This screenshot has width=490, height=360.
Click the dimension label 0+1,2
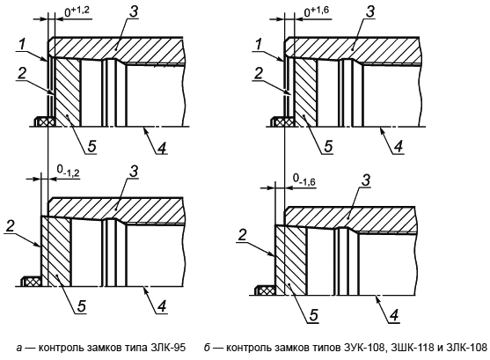click(77, 11)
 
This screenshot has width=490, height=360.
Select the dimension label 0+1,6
click(317, 11)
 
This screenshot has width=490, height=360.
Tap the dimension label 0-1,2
click(68, 171)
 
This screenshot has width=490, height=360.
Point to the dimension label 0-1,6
click(304, 180)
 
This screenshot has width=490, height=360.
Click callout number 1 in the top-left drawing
click(22, 44)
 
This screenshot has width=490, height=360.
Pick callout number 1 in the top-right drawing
click(258, 44)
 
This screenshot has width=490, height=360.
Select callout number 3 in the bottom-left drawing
click(134, 172)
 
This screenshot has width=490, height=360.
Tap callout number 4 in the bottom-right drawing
click(395, 315)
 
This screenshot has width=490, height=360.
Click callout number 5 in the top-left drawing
click(91, 146)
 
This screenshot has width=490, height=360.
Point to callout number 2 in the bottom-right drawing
click(243, 235)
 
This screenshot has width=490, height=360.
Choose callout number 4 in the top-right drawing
click(398, 147)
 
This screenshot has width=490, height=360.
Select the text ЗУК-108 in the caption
click(362, 348)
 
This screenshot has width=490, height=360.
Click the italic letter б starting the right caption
click(207, 348)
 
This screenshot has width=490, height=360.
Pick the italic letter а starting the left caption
click(19, 348)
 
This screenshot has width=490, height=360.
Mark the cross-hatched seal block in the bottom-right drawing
click(266, 290)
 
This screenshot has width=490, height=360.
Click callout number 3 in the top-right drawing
click(370, 12)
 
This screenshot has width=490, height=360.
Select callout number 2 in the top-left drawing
click(22, 74)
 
